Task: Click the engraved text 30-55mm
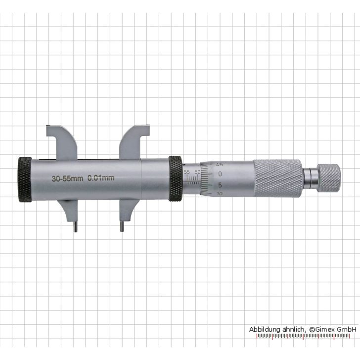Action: [x=67, y=178]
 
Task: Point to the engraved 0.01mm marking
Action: [x=101, y=178]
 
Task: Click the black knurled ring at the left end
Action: [x=24, y=180]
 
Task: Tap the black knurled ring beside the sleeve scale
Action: [x=175, y=179]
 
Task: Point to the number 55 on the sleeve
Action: [x=187, y=171]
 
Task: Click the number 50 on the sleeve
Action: [x=197, y=171]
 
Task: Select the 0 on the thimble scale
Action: [x=220, y=174]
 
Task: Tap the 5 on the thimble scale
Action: [x=220, y=185]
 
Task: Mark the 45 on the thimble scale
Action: [x=220, y=164]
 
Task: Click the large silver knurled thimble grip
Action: [x=278, y=178]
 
